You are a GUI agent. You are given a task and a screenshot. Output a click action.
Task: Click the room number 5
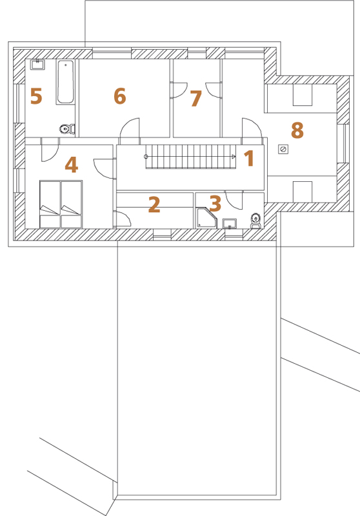click(x=36, y=96)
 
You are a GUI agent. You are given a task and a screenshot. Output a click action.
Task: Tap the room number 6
click(x=120, y=96)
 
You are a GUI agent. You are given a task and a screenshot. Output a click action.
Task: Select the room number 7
click(x=195, y=99)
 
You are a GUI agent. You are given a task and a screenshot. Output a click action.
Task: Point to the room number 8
click(x=297, y=130)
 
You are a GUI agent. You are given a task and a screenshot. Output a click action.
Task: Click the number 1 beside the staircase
click(x=249, y=158)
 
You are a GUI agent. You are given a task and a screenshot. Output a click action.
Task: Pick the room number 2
click(x=154, y=204)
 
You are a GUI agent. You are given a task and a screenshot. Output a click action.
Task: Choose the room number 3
click(x=215, y=204)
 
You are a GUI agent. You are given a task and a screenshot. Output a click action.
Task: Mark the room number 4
click(x=72, y=164)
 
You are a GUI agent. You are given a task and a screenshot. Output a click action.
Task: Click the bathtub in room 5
click(x=65, y=82)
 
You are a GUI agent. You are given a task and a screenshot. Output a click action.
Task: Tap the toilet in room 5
click(x=67, y=128)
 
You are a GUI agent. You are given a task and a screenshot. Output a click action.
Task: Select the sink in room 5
click(x=37, y=64)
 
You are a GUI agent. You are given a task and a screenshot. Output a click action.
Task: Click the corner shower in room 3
click(x=206, y=217)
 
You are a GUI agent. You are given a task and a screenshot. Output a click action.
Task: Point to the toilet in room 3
click(x=255, y=221)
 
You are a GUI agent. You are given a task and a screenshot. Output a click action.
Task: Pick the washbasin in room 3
click(x=230, y=223)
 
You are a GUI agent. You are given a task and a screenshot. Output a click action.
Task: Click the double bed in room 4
click(x=61, y=204)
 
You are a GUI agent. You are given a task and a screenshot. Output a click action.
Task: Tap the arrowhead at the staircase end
click(x=234, y=157)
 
